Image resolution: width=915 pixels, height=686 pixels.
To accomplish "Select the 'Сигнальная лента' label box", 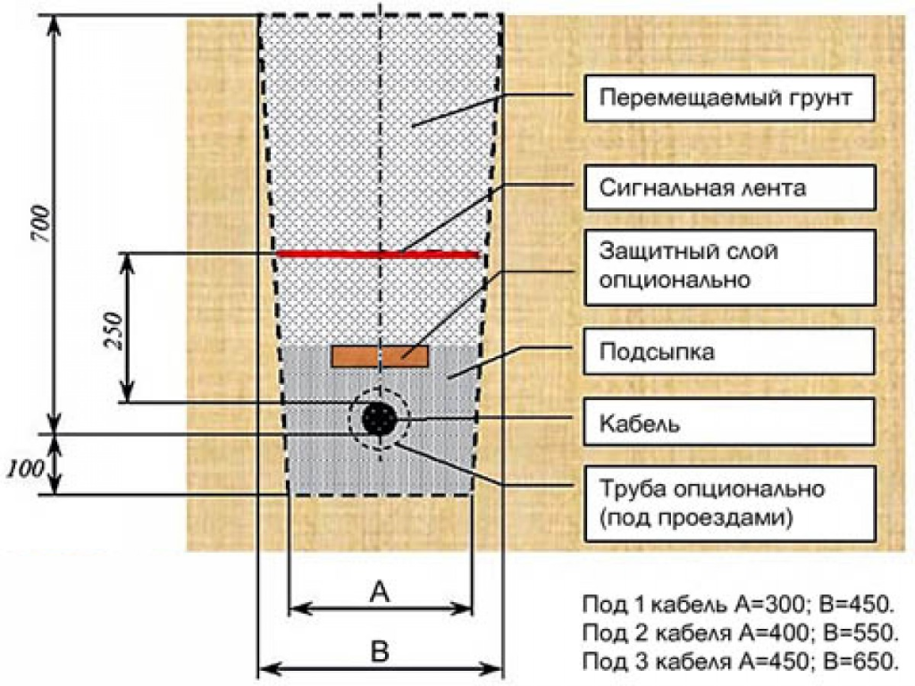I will (728, 188).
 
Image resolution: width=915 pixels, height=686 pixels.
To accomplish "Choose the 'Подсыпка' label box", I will (728, 352).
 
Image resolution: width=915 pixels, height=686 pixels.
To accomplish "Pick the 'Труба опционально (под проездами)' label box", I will (728, 503).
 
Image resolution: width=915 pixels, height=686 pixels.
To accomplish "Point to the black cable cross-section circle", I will (380, 418).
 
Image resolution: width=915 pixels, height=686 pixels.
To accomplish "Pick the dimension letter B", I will (380, 652).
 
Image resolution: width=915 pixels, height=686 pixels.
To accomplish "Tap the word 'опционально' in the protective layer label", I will (674, 280).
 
